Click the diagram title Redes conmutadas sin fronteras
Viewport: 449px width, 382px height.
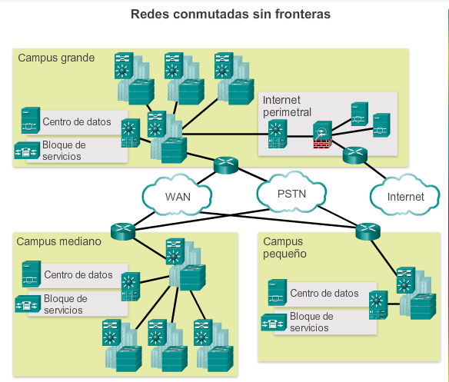[x=231, y=14]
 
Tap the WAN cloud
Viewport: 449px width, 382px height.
[x=178, y=195]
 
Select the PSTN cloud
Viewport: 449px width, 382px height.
[x=291, y=192]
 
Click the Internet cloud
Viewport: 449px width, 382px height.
[x=405, y=196]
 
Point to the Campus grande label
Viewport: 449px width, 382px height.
[x=56, y=58]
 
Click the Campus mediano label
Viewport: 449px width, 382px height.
[x=58, y=241]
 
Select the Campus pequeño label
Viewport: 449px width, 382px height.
[x=284, y=247]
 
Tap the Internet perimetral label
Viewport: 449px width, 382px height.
[x=287, y=106]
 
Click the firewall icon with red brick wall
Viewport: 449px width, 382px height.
[x=322, y=135]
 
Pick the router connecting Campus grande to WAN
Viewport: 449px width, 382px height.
[x=226, y=165]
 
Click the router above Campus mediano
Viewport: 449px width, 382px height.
[x=123, y=231]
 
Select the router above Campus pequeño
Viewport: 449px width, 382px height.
[x=368, y=231]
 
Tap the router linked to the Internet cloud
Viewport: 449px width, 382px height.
[x=355, y=155]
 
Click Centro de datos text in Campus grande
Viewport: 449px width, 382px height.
[x=77, y=122]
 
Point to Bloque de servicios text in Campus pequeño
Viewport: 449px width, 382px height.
[x=311, y=322]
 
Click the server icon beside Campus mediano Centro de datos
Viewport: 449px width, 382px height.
[x=32, y=274]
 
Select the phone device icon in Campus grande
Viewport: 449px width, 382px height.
[x=27, y=151]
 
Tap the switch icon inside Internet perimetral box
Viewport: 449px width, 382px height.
[x=278, y=134]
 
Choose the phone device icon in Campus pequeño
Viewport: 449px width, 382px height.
[x=274, y=323]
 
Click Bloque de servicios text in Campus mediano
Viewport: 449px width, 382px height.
[x=65, y=304]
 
